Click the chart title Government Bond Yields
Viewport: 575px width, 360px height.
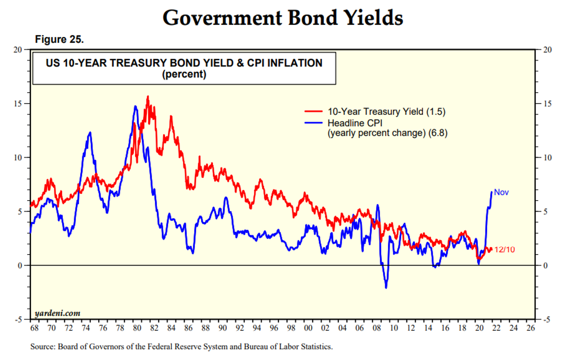tap(283, 18)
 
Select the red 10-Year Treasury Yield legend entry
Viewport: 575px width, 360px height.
tap(375, 111)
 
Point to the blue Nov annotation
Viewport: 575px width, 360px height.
tap(501, 192)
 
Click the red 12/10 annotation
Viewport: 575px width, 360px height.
tap(505, 249)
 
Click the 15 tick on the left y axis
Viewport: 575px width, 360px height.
tap(18, 104)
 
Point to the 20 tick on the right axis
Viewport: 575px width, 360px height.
tap(546, 50)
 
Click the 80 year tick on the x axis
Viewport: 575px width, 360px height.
tap(137, 329)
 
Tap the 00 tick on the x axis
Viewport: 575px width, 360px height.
tap(308, 329)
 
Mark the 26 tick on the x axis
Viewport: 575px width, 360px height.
tap(530, 329)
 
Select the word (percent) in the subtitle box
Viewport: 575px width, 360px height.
tap(184, 74)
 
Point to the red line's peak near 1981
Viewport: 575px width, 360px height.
tap(148, 96)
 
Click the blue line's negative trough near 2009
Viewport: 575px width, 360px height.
tap(386, 288)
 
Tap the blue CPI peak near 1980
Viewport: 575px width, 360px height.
tap(135, 106)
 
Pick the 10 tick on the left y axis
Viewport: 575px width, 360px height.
tap(18, 158)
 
